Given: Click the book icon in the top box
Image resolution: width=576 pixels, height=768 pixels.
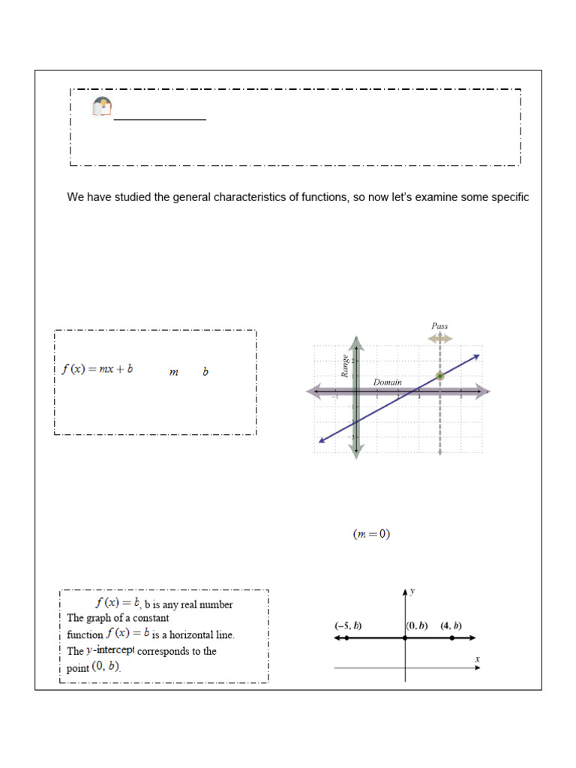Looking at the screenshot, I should [102, 106].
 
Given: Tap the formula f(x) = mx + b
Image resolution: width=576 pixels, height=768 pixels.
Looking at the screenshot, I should [97, 369].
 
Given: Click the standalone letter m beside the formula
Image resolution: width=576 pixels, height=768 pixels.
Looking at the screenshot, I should [174, 372].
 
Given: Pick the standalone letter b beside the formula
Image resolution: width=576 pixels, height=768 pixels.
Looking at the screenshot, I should [205, 371].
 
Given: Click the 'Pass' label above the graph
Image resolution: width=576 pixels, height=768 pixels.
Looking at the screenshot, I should [439, 326].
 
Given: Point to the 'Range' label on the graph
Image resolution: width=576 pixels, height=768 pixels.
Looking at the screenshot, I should [346, 365].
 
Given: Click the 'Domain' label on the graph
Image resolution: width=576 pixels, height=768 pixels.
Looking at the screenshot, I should [388, 382].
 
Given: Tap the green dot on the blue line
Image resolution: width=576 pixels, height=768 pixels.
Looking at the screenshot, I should [439, 376].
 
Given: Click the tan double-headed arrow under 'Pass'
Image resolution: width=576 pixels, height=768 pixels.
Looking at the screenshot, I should [439, 339].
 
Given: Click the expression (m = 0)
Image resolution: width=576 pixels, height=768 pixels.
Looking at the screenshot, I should [371, 535].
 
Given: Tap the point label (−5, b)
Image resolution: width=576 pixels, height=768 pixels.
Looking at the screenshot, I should [348, 625].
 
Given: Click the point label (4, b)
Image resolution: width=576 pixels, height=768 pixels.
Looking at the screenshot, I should [451, 625].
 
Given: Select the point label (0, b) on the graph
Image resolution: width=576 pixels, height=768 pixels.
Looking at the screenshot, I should [417, 625].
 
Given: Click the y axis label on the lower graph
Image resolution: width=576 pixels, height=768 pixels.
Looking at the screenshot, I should [412, 591].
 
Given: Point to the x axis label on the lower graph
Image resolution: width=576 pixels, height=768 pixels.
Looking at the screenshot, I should [477, 658].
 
